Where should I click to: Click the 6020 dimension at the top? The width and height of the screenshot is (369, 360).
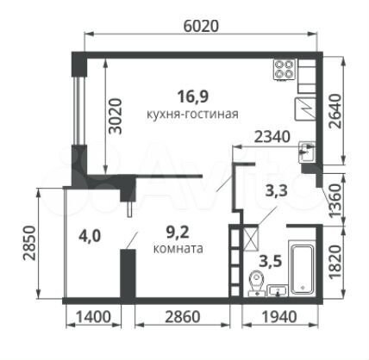coord(201,26)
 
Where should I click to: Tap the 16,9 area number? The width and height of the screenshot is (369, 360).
coord(193,96)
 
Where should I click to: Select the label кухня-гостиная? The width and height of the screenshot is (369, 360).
coord(192,115)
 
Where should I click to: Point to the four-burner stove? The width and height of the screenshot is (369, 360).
coord(285,69)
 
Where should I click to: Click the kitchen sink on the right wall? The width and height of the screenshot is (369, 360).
coord(307,152)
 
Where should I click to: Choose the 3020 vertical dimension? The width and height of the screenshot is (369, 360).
coord(116,116)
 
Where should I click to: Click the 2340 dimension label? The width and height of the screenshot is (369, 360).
coord(272,137)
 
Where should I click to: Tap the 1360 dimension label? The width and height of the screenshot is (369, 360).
coord(335,201)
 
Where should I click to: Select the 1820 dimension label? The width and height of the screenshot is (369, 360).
coord(335,262)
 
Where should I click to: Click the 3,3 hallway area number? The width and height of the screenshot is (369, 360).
coord(276,190)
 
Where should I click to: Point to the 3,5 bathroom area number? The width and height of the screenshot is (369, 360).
coord(270,262)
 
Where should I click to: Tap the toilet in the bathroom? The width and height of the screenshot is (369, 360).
coord(256,282)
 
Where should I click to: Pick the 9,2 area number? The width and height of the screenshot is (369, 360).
coord(178,233)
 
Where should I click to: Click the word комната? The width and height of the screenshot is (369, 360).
coord(178,249)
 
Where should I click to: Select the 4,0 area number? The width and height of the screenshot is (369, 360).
coord(90,236)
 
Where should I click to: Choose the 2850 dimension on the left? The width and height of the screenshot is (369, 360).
coord(29,243)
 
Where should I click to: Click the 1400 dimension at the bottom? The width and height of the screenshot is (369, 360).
coord(93,317)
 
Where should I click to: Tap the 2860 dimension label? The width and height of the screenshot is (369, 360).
coord(183,317)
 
